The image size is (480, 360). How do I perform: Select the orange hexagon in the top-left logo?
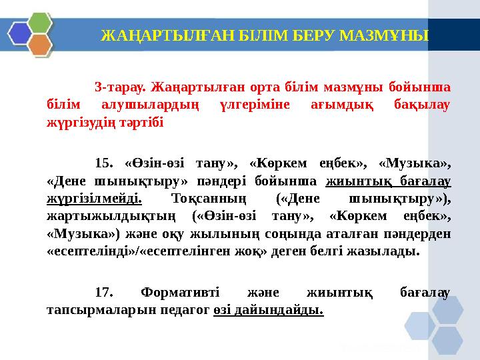41,45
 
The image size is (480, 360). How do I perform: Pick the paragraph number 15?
105,163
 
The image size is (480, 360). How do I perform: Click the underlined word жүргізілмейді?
95,199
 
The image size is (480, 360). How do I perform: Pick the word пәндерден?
417,235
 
